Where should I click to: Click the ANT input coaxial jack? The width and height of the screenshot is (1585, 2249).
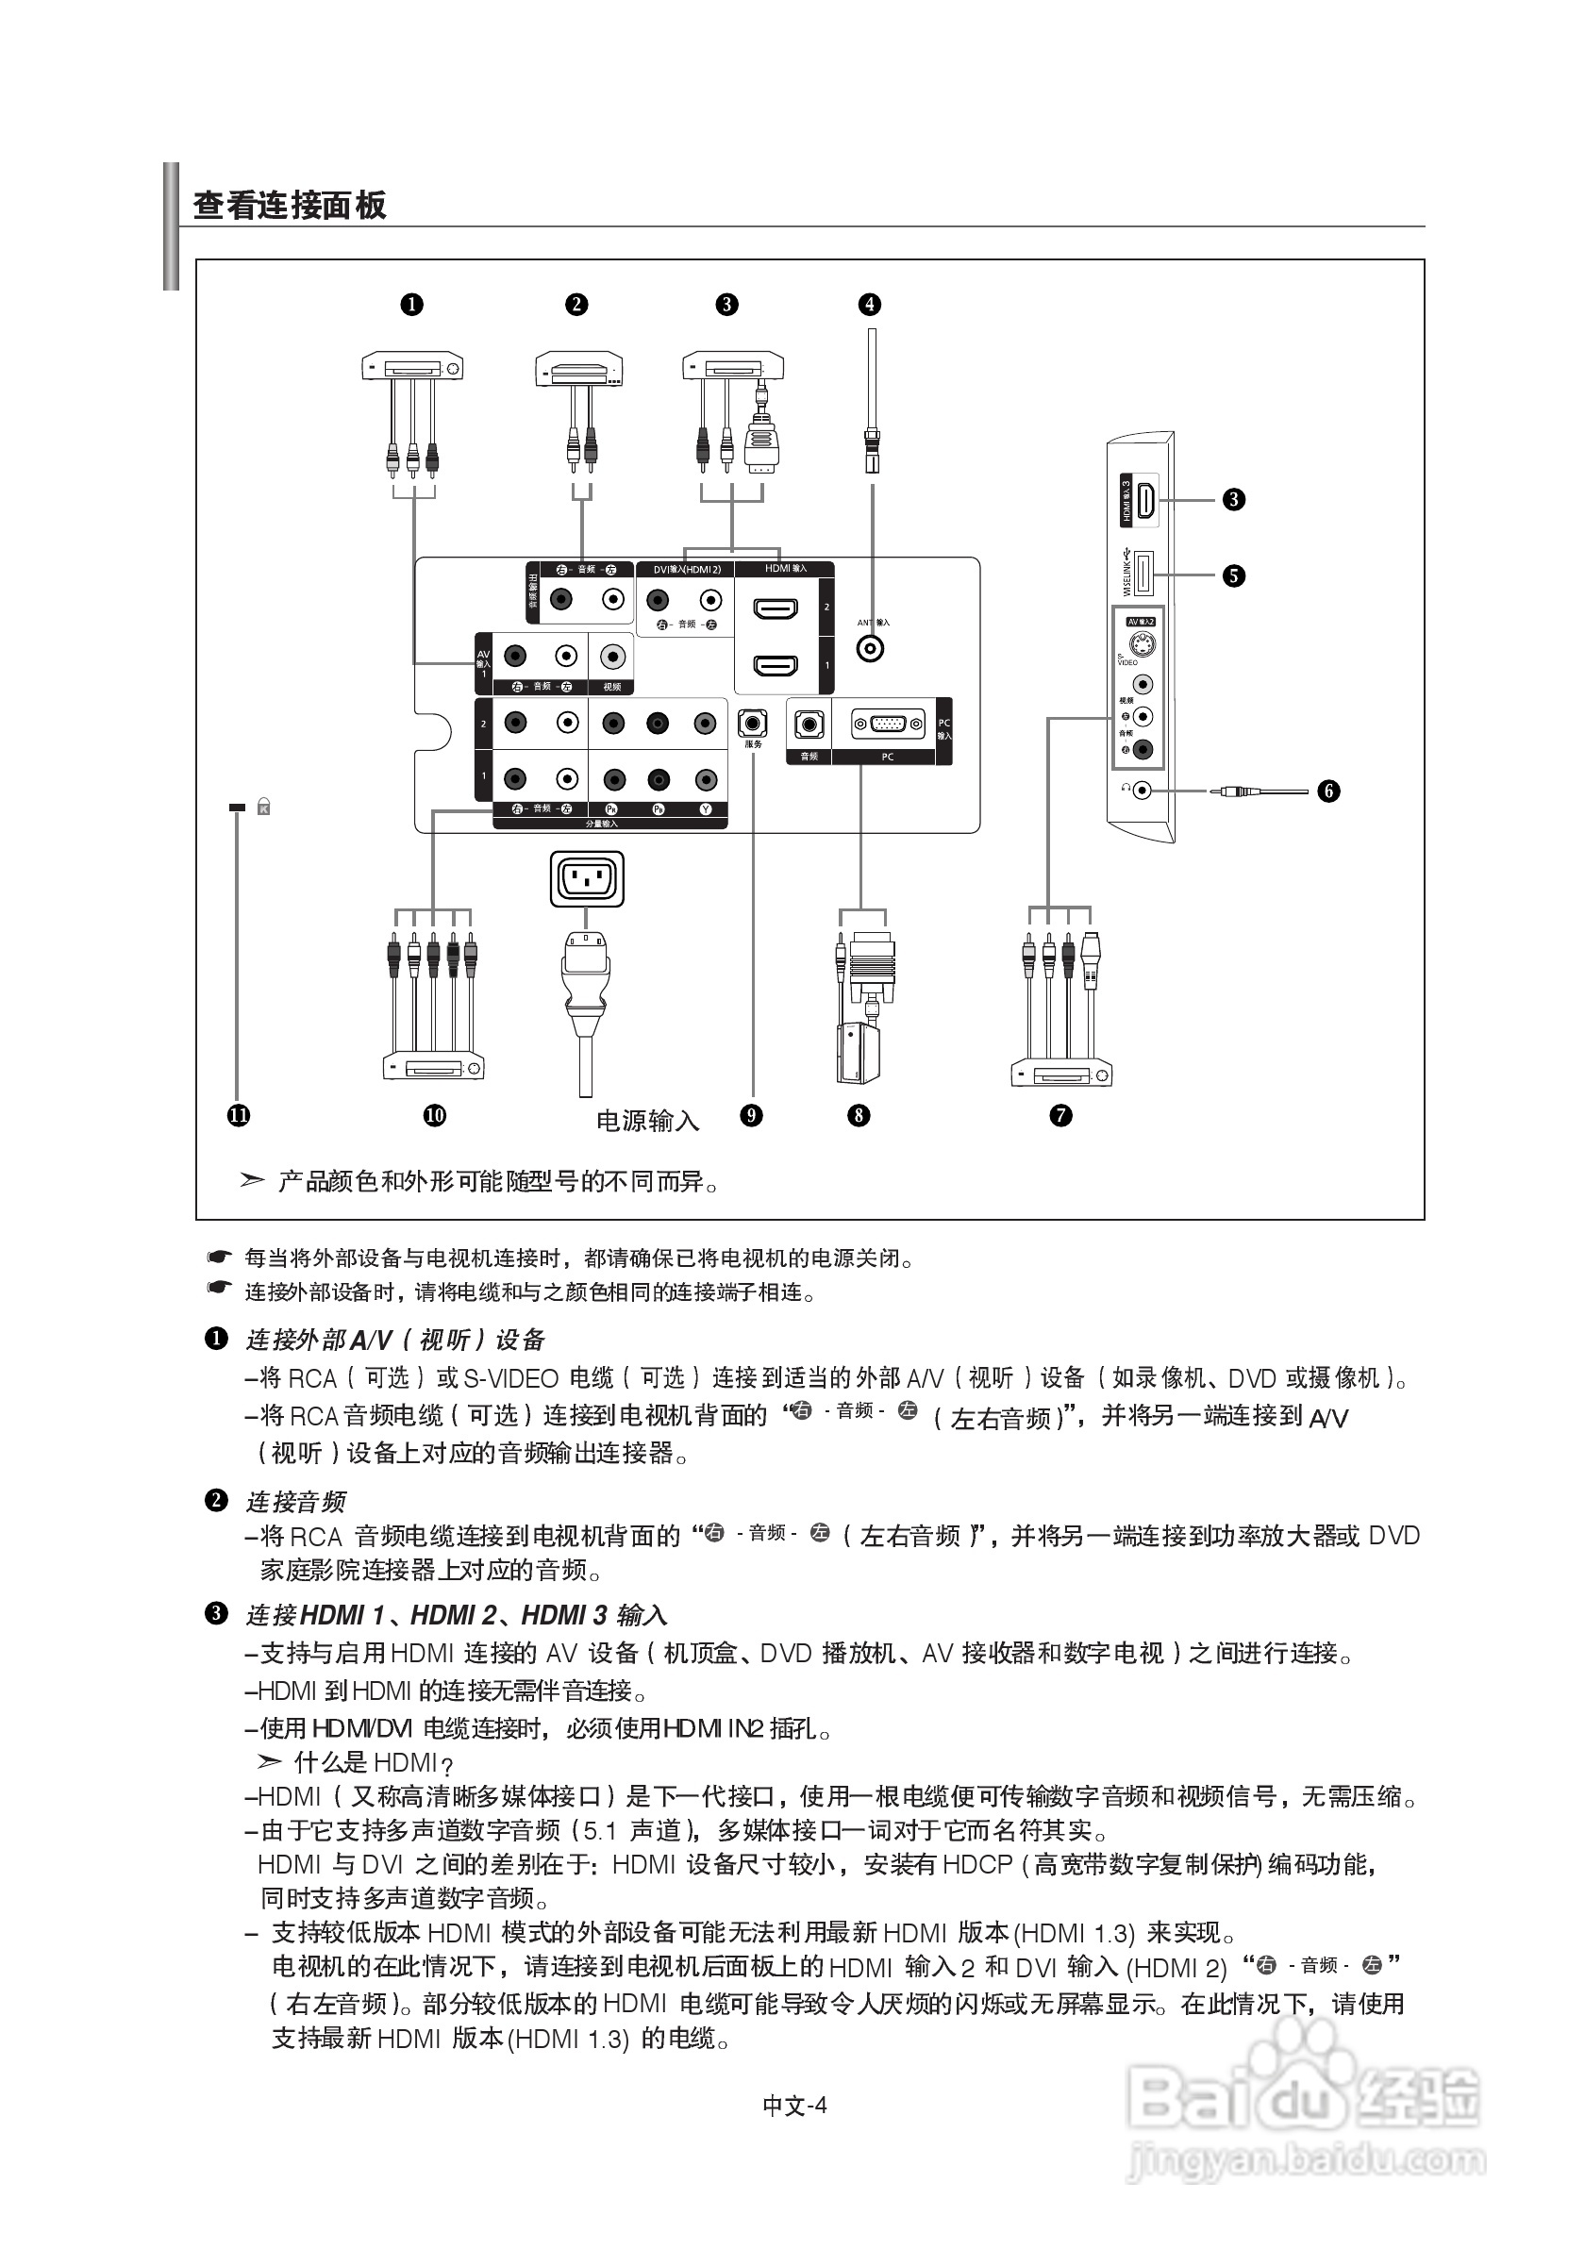pyautogui.click(x=870, y=647)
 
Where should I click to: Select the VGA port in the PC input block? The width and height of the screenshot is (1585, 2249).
pyautogui.click(x=888, y=724)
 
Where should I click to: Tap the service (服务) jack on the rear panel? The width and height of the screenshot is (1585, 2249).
pyautogui.click(x=752, y=724)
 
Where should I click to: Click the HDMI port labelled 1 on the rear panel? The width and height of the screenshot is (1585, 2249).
pyautogui.click(x=775, y=666)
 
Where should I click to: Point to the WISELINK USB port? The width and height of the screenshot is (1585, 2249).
pyautogui.click(x=1143, y=574)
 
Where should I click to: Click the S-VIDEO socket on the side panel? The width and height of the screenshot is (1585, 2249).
pyautogui.click(x=1141, y=644)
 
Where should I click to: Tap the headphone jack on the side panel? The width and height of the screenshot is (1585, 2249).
pyautogui.click(x=1143, y=790)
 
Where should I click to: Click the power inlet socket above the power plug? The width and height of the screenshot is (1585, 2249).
pyautogui.click(x=587, y=877)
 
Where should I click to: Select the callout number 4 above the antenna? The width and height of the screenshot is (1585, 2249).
pyautogui.click(x=870, y=305)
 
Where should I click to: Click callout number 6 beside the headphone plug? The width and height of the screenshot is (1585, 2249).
pyautogui.click(x=1328, y=791)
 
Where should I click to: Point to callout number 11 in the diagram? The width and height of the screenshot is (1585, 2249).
pyautogui.click(x=238, y=1115)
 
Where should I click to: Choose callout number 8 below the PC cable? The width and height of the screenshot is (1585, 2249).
pyautogui.click(x=859, y=1115)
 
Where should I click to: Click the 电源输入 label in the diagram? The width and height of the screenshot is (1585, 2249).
pyautogui.click(x=647, y=1121)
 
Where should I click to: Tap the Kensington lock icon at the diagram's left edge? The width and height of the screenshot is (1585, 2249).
pyautogui.click(x=262, y=808)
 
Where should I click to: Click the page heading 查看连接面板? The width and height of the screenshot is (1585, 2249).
pyautogui.click(x=290, y=206)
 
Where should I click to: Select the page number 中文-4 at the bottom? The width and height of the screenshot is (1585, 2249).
pyautogui.click(x=794, y=2105)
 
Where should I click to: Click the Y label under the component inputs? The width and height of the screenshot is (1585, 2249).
pyautogui.click(x=706, y=810)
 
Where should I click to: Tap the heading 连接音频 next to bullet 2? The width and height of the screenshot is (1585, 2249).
pyautogui.click(x=295, y=1502)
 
